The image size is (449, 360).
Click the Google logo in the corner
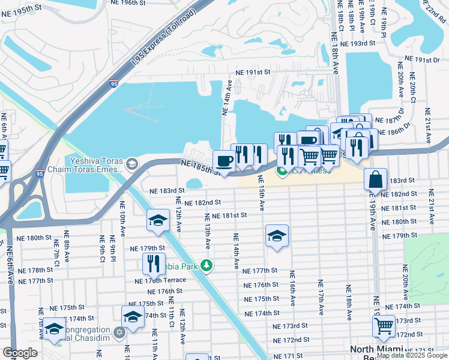[x=19, y=353]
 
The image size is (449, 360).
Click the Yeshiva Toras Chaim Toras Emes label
[x=96, y=166]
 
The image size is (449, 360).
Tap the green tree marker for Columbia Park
[x=206, y=265]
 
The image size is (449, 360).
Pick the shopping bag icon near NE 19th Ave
[x=375, y=179]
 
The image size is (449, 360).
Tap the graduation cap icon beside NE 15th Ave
[x=277, y=236]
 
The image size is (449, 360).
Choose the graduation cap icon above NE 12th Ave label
[x=158, y=220]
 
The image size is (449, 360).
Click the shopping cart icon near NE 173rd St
[x=384, y=327]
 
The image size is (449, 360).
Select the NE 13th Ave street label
[x=208, y=231]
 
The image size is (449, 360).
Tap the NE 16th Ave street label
[x=292, y=290]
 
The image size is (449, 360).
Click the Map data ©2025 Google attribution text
[x=412, y=356]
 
